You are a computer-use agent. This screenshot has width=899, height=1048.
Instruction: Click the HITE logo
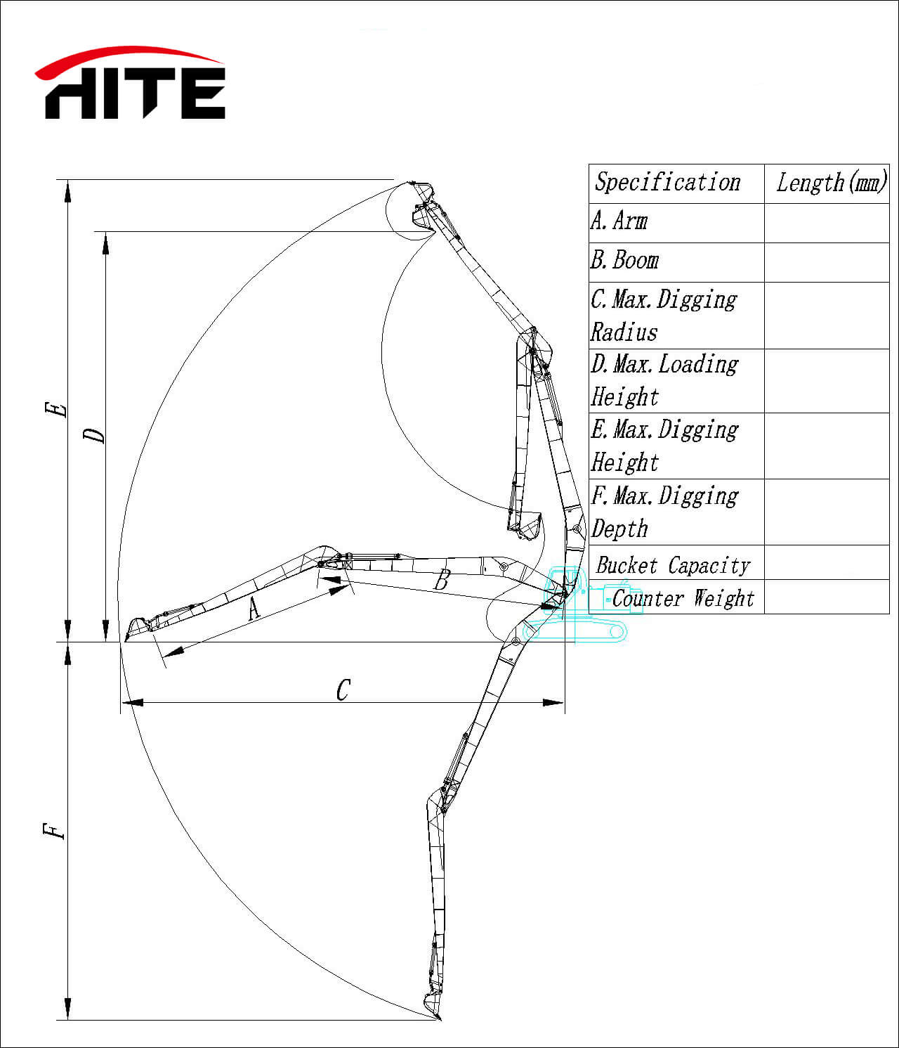point(131,84)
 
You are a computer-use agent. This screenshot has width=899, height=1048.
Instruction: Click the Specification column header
point(667,183)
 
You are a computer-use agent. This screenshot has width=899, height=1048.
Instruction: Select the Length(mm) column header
point(830,183)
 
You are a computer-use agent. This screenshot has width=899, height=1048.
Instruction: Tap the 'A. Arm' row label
point(619,221)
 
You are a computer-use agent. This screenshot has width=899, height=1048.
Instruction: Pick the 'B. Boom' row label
point(624,261)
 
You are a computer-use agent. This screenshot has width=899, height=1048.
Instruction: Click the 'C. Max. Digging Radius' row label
point(664,316)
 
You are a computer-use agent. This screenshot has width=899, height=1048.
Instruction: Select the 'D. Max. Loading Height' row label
point(664,380)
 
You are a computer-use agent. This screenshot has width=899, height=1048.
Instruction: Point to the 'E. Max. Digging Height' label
point(664,446)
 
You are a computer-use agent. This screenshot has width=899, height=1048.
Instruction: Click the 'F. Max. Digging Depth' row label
point(664,512)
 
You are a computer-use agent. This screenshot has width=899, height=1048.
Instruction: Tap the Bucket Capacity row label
point(673,565)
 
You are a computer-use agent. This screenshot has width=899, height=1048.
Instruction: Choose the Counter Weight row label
point(683,599)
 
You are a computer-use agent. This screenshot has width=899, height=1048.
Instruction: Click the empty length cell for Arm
point(827,223)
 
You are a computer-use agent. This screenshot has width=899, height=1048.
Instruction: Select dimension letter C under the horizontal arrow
point(343,690)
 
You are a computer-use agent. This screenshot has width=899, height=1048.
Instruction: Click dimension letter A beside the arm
point(254,608)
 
